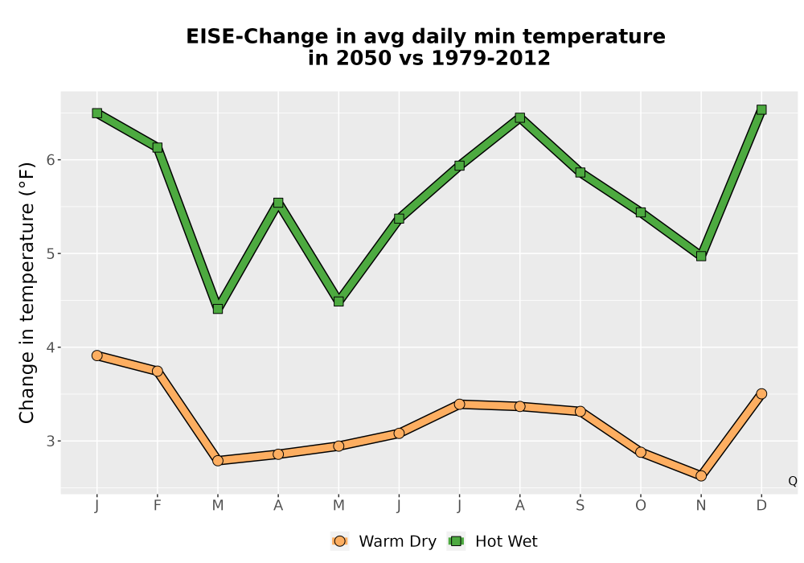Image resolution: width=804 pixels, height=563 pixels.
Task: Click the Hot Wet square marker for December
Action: pyautogui.click(x=761, y=109)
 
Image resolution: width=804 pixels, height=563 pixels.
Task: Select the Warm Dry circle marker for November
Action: pyautogui.click(x=701, y=476)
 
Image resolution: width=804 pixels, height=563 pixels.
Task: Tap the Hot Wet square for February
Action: pyautogui.click(x=158, y=148)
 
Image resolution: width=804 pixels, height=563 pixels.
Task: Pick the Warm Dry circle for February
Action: pyautogui.click(x=158, y=371)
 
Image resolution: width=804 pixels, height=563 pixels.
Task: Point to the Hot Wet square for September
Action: pyautogui.click(x=580, y=172)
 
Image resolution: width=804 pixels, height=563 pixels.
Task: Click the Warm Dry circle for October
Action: pyautogui.click(x=641, y=452)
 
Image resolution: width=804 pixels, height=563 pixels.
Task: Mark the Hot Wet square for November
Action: pyautogui.click(x=701, y=256)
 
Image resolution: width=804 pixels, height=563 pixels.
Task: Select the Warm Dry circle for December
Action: pyautogui.click(x=761, y=394)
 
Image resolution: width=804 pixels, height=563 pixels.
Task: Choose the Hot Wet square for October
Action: pyautogui.click(x=641, y=212)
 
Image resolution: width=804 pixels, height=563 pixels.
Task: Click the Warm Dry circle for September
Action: pyautogui.click(x=580, y=411)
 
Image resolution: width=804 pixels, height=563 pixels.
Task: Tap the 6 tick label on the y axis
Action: pyautogui.click(x=50, y=160)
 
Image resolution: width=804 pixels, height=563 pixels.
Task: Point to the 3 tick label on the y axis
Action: pyautogui.click(x=50, y=441)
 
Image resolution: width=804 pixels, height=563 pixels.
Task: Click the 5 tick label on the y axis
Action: pyautogui.click(x=50, y=254)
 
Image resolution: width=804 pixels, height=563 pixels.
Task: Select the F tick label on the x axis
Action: pyautogui.click(x=158, y=506)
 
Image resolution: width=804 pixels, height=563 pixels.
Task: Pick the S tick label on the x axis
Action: pyautogui.click(x=580, y=506)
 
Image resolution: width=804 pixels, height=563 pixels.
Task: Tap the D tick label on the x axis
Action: pyautogui.click(x=761, y=506)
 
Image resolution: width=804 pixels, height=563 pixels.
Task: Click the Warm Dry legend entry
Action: pyautogui.click(x=384, y=541)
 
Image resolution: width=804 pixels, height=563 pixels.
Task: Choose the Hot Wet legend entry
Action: pyautogui.click(x=493, y=541)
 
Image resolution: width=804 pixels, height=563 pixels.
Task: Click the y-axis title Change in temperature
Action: pyautogui.click(x=27, y=293)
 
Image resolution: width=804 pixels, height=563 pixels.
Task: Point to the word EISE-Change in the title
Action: pyautogui.click(x=257, y=37)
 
